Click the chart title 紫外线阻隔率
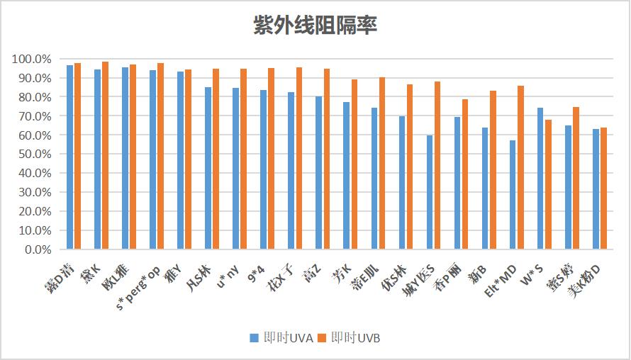tap(315, 26)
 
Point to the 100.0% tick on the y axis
tap(30, 59)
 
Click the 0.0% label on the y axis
tap(35, 249)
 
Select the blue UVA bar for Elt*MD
tap(513, 195)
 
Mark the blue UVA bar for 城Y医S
tap(430, 192)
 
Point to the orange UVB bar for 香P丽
tap(465, 174)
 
